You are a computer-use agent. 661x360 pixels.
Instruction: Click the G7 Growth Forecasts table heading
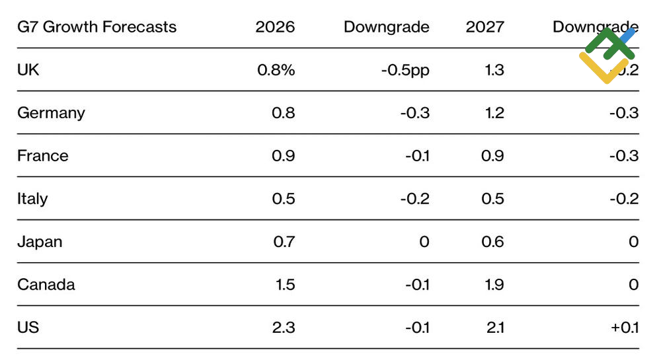97,27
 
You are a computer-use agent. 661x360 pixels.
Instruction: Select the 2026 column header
275,27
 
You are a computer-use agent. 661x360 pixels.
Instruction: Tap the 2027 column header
485,27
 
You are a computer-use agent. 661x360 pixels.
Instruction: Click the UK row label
28,69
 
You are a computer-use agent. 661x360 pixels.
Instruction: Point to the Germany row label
51,113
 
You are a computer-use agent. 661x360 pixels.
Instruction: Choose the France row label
43,156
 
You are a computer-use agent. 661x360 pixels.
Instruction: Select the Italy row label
32,199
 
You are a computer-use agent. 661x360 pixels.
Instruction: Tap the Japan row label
40,242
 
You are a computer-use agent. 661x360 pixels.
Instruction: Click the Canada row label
46,285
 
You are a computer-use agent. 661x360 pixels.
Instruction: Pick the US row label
28,328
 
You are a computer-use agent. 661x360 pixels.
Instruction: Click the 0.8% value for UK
276,69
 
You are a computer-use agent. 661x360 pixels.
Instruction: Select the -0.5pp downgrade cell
405,69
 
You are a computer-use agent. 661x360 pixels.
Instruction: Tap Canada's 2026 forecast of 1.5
284,285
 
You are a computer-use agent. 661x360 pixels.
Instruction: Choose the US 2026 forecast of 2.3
284,328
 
